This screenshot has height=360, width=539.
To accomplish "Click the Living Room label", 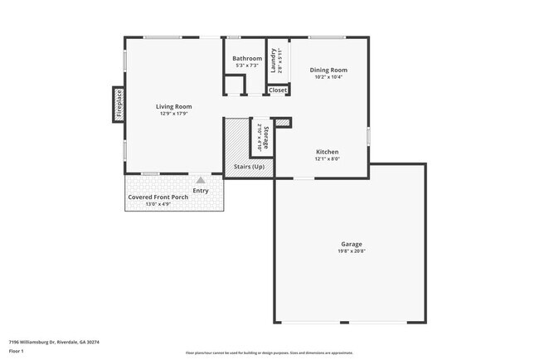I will tap(174, 106).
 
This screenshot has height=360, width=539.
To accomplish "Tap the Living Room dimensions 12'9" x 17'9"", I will tap(174, 114).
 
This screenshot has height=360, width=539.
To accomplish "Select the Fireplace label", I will tap(119, 103).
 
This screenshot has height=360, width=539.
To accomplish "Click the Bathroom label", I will tap(247, 58).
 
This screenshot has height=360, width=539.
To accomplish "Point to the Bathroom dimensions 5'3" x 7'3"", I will tap(247, 66).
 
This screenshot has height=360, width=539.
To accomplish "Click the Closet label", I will tap(278, 90).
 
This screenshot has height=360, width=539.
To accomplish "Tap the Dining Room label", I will tap(328, 70).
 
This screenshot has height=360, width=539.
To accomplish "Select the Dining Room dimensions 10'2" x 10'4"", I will tap(328, 77).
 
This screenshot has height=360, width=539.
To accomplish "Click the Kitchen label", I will tap(328, 151).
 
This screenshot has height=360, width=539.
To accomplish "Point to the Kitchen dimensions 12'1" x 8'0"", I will tap(328, 158).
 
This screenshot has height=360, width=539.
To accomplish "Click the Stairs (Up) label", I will tap(249, 168).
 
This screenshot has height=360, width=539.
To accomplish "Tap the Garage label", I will tap(351, 244).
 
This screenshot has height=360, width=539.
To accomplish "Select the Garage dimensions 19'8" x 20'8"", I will tap(351, 251).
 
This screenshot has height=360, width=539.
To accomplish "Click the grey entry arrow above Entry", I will tap(200, 178).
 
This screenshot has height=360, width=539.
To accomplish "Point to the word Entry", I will tap(201, 191).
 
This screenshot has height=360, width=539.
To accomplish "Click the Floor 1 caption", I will tap(17, 350).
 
